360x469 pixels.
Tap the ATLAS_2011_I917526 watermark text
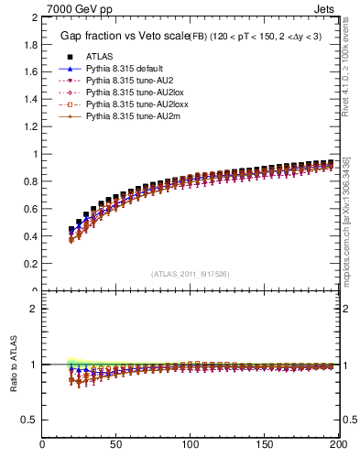coord(191,274)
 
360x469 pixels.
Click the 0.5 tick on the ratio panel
coord(31,420)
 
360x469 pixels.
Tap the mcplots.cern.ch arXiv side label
coord(346,220)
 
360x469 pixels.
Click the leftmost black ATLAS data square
coord(71,230)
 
